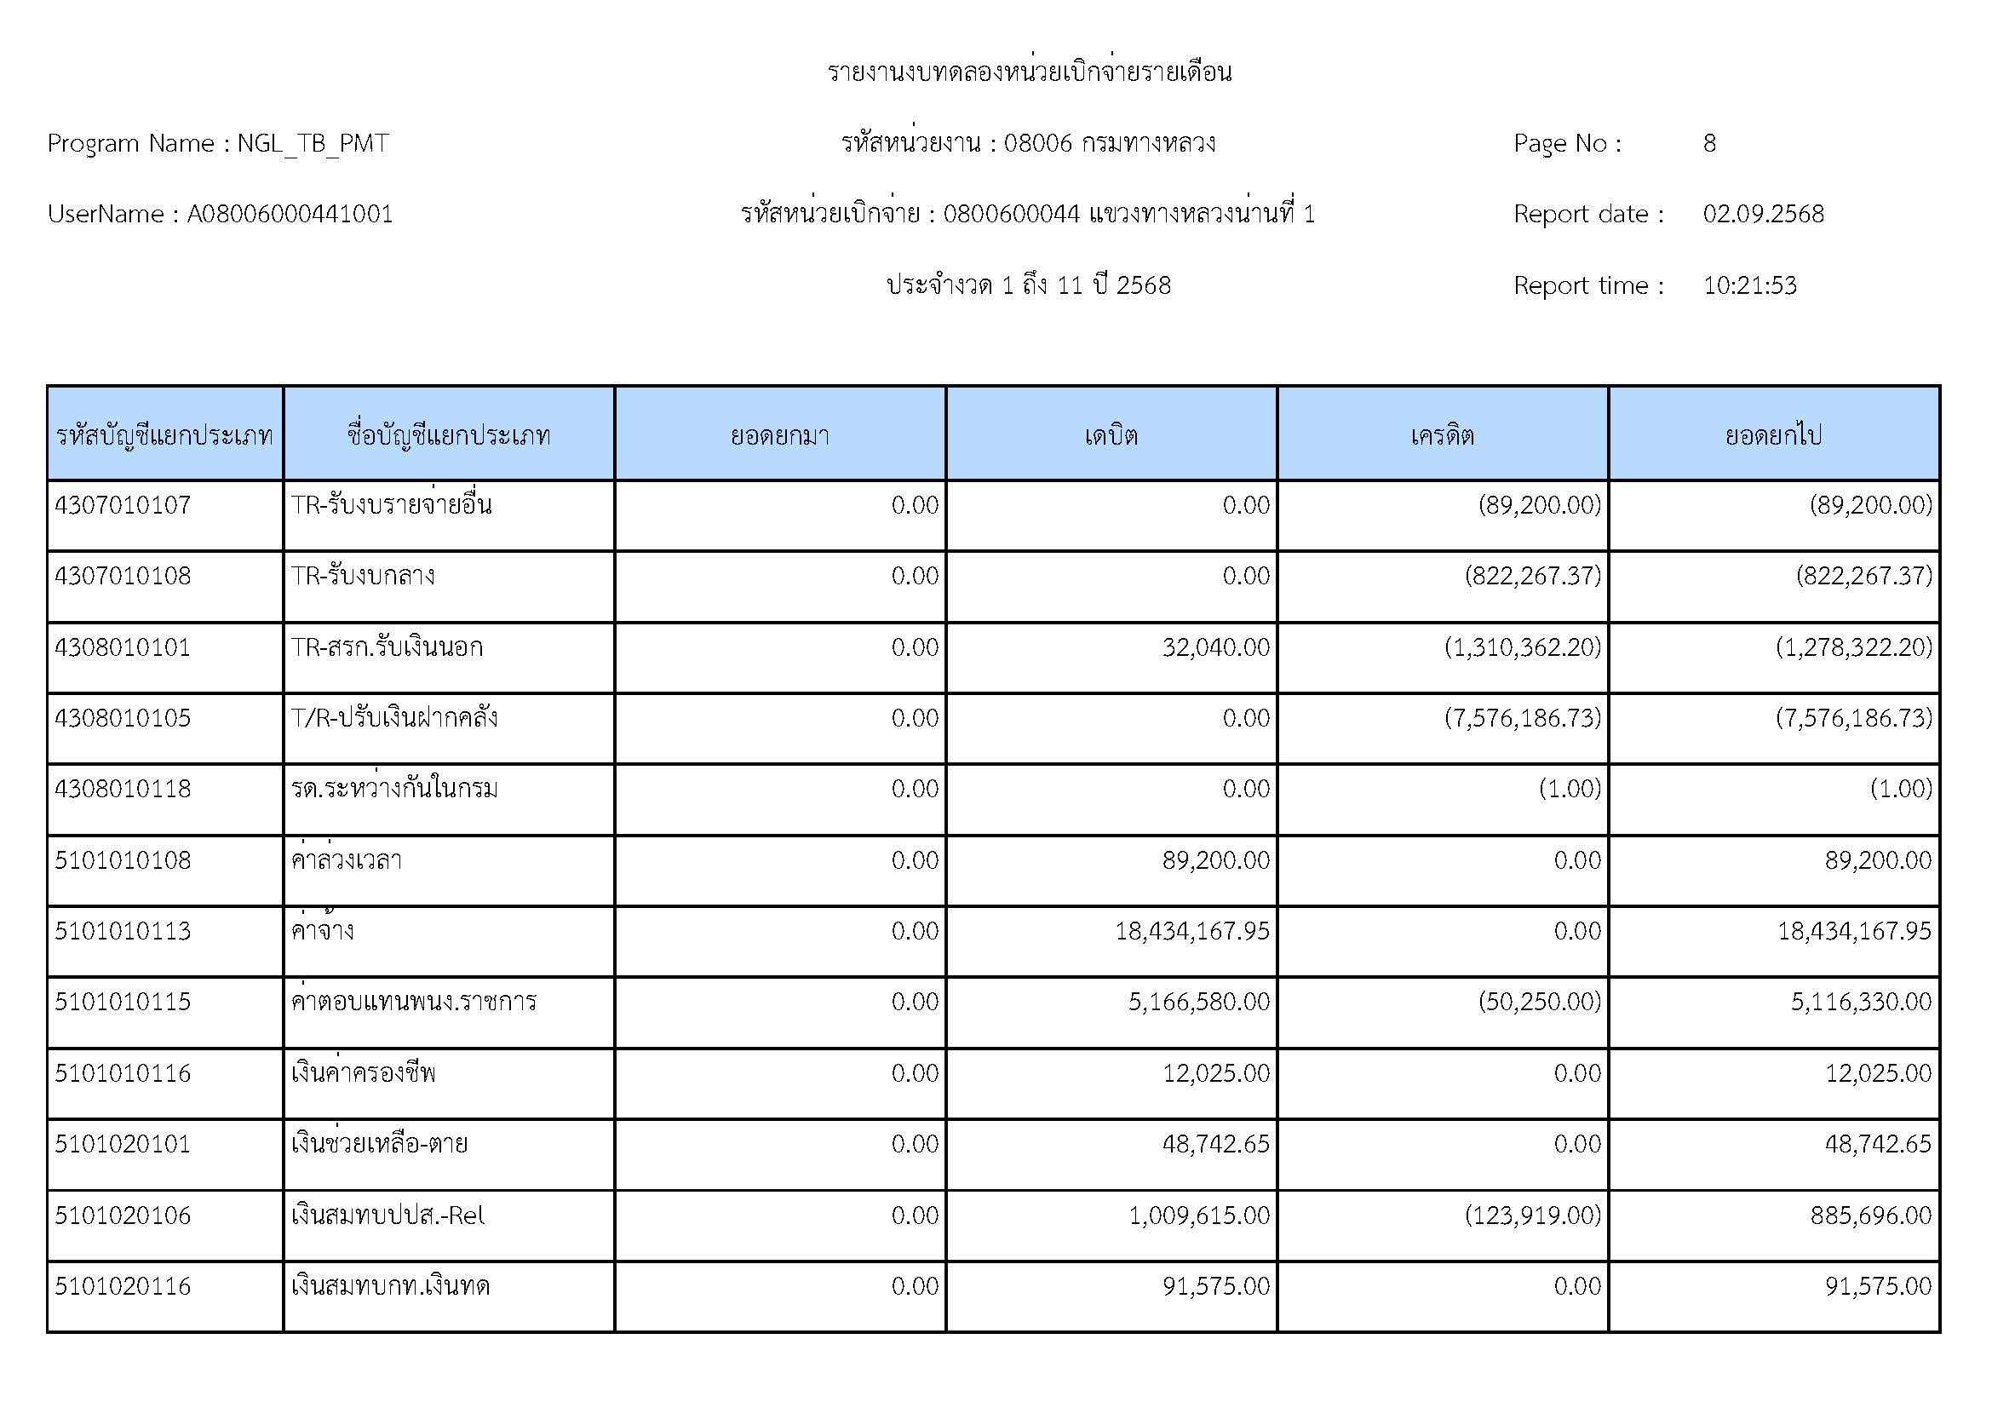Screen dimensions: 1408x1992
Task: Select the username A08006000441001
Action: coord(290,215)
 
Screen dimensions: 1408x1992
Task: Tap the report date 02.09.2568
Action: coord(1762,215)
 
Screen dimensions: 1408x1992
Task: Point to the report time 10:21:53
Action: coord(1749,285)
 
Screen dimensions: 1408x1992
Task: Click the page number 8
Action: coord(1708,143)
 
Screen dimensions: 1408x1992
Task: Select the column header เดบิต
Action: coord(1111,434)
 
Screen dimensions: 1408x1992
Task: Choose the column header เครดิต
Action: coord(1442,434)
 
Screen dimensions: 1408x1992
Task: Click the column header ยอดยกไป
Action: coord(1773,434)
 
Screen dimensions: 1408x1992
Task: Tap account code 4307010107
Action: coord(123,505)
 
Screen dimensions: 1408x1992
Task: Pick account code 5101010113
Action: coord(123,931)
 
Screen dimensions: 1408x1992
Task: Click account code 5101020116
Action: coord(123,1285)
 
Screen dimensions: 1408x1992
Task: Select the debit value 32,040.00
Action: coord(1215,647)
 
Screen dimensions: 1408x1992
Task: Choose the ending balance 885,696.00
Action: coord(1870,1215)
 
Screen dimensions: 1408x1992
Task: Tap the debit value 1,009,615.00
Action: coord(1199,1215)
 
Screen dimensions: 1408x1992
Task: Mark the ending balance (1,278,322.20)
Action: coord(1853,647)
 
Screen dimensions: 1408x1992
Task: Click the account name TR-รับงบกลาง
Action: coord(363,576)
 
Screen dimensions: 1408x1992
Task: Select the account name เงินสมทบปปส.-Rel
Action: coord(387,1215)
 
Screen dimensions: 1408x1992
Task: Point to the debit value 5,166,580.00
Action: coord(1199,1002)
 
